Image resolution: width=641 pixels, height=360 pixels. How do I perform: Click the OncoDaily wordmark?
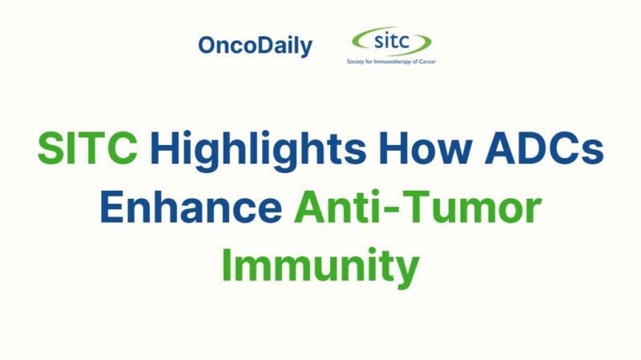pyautogui.click(x=255, y=47)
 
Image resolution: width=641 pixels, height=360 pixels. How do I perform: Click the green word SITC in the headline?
pyautogui.click(x=88, y=150)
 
